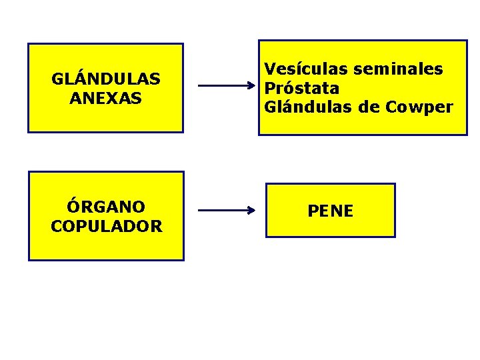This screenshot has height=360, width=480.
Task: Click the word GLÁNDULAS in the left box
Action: tap(105, 79)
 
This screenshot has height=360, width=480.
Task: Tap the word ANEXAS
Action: tap(105, 98)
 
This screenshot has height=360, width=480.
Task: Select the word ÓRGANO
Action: tap(106, 207)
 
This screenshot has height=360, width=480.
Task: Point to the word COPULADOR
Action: tap(106, 226)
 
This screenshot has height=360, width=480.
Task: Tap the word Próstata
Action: tap(302, 88)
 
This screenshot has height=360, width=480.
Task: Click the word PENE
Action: tap(330, 211)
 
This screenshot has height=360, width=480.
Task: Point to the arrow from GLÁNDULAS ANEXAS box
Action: tap(227, 86)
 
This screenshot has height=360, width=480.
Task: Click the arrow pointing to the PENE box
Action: tap(227, 211)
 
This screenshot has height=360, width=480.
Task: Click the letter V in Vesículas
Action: tap(270, 69)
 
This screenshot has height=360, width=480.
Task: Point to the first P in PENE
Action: tap(313, 211)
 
